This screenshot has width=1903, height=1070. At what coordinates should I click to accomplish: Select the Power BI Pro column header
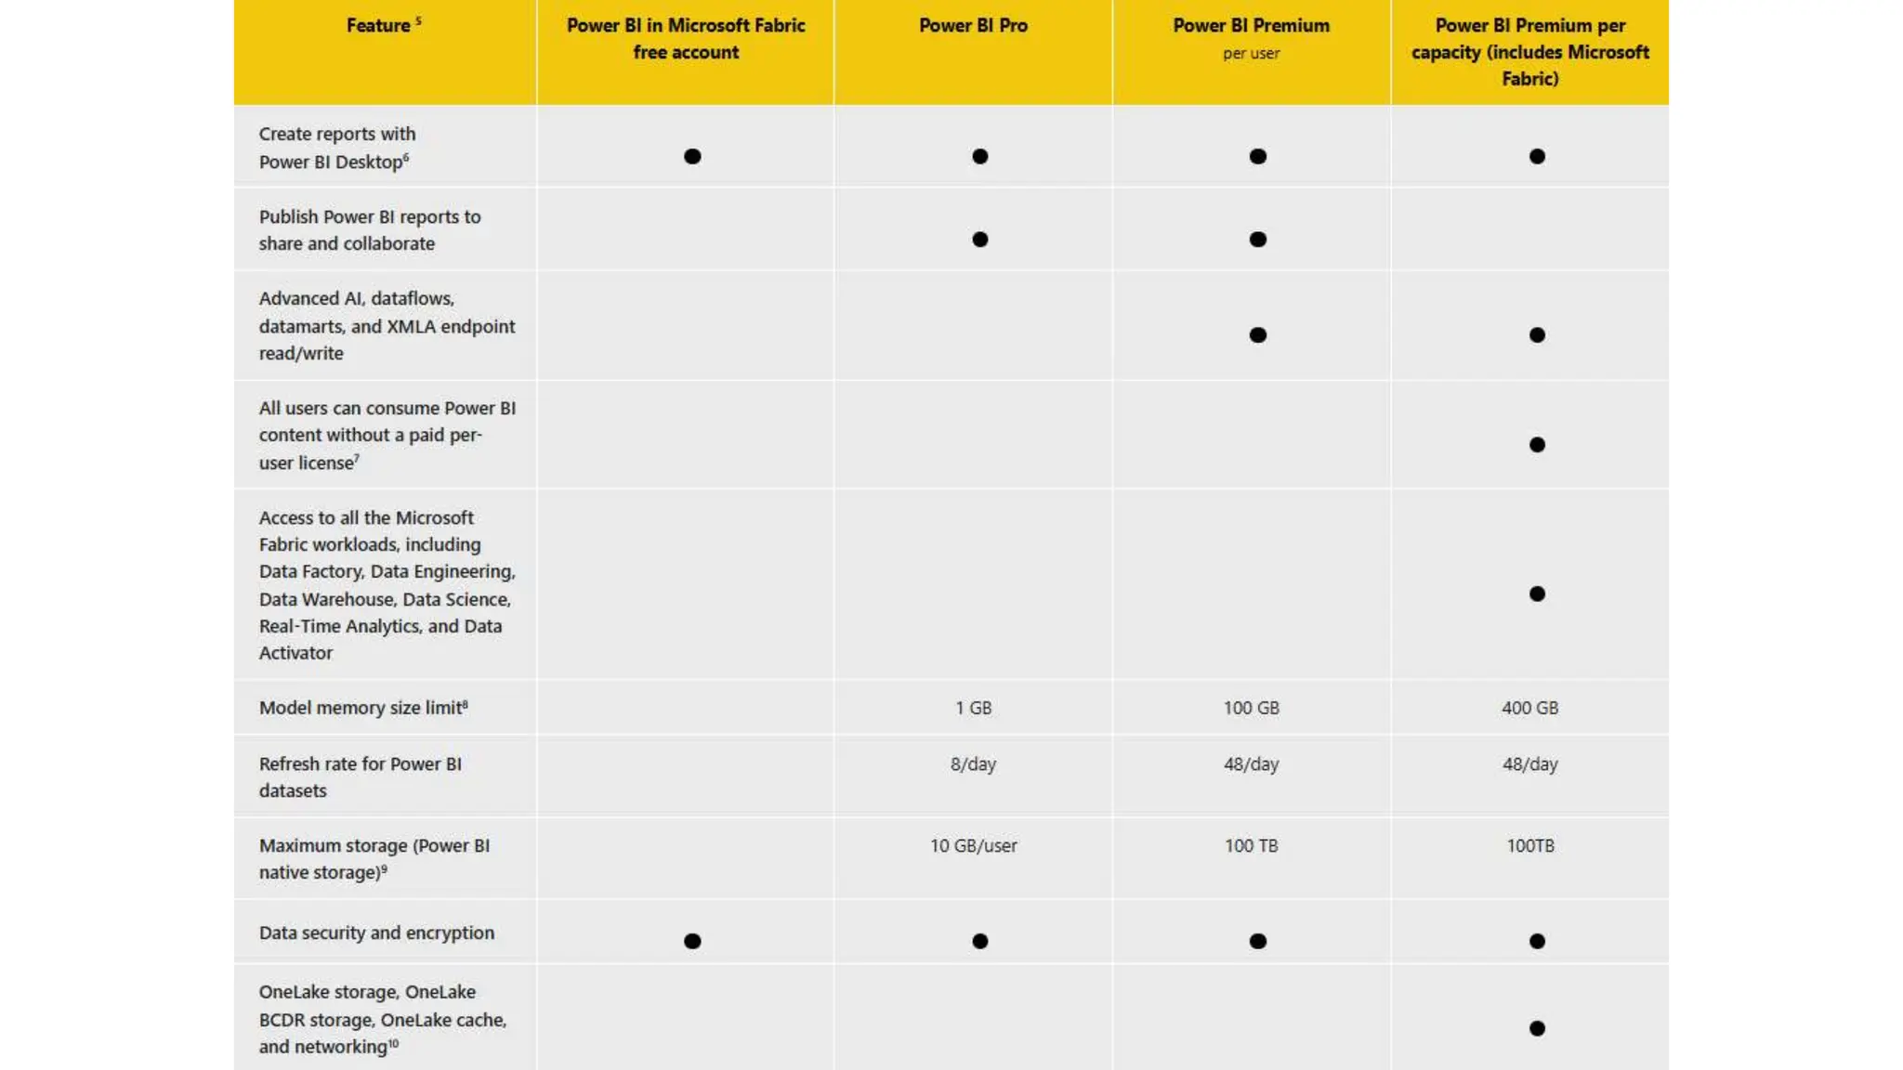click(x=973, y=26)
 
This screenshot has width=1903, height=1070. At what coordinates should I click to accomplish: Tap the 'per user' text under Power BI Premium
click(x=1251, y=54)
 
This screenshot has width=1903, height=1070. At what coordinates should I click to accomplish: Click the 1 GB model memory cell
click(x=973, y=708)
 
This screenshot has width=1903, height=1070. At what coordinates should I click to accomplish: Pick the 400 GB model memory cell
click(x=1529, y=708)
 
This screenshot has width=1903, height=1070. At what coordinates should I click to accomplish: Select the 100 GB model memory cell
click(x=1251, y=708)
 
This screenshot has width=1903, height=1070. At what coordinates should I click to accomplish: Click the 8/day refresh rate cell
click(x=973, y=764)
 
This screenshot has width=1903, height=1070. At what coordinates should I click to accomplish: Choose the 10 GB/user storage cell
click(x=973, y=846)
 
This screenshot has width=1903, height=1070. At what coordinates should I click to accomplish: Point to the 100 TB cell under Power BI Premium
click(x=1251, y=846)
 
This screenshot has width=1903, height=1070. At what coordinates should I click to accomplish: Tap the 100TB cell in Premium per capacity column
click(x=1529, y=846)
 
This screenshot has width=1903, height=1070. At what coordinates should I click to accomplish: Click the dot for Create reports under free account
click(x=692, y=157)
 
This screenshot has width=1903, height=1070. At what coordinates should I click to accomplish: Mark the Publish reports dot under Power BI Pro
click(x=979, y=240)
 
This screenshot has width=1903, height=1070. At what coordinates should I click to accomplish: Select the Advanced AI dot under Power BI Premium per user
click(x=1257, y=335)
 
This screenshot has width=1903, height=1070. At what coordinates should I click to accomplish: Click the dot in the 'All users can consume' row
click(x=1537, y=445)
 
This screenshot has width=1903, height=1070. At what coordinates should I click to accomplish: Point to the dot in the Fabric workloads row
click(x=1537, y=594)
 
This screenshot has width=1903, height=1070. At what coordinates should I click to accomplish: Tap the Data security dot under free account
click(x=692, y=942)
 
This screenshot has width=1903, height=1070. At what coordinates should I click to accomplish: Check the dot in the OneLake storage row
click(x=1537, y=1028)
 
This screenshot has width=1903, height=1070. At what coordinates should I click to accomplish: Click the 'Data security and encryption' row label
click(x=376, y=933)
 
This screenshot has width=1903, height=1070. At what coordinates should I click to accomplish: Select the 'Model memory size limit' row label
click(x=362, y=708)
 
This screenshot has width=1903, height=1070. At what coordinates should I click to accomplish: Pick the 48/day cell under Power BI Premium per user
click(x=1251, y=764)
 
